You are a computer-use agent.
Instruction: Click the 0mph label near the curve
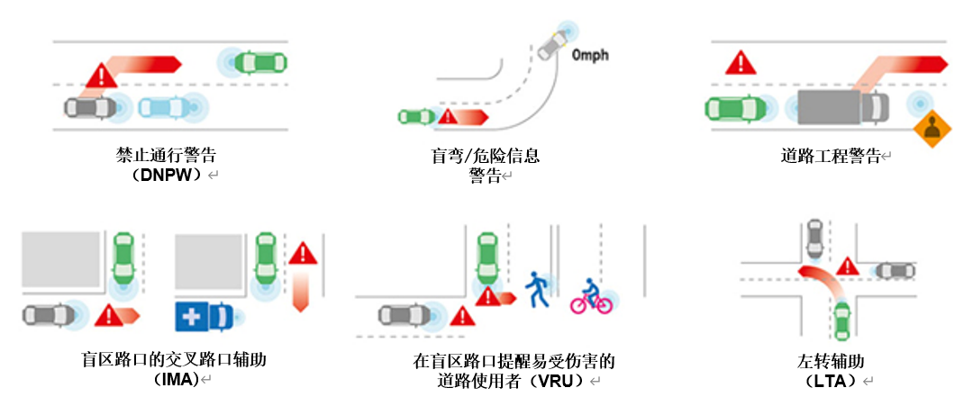[590, 56]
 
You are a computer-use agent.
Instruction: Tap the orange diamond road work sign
[932, 131]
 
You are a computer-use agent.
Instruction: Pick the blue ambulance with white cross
[204, 316]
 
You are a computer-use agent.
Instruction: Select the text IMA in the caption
[176, 381]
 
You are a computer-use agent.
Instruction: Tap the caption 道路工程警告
[830, 156]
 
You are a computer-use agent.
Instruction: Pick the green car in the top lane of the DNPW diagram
[258, 61]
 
